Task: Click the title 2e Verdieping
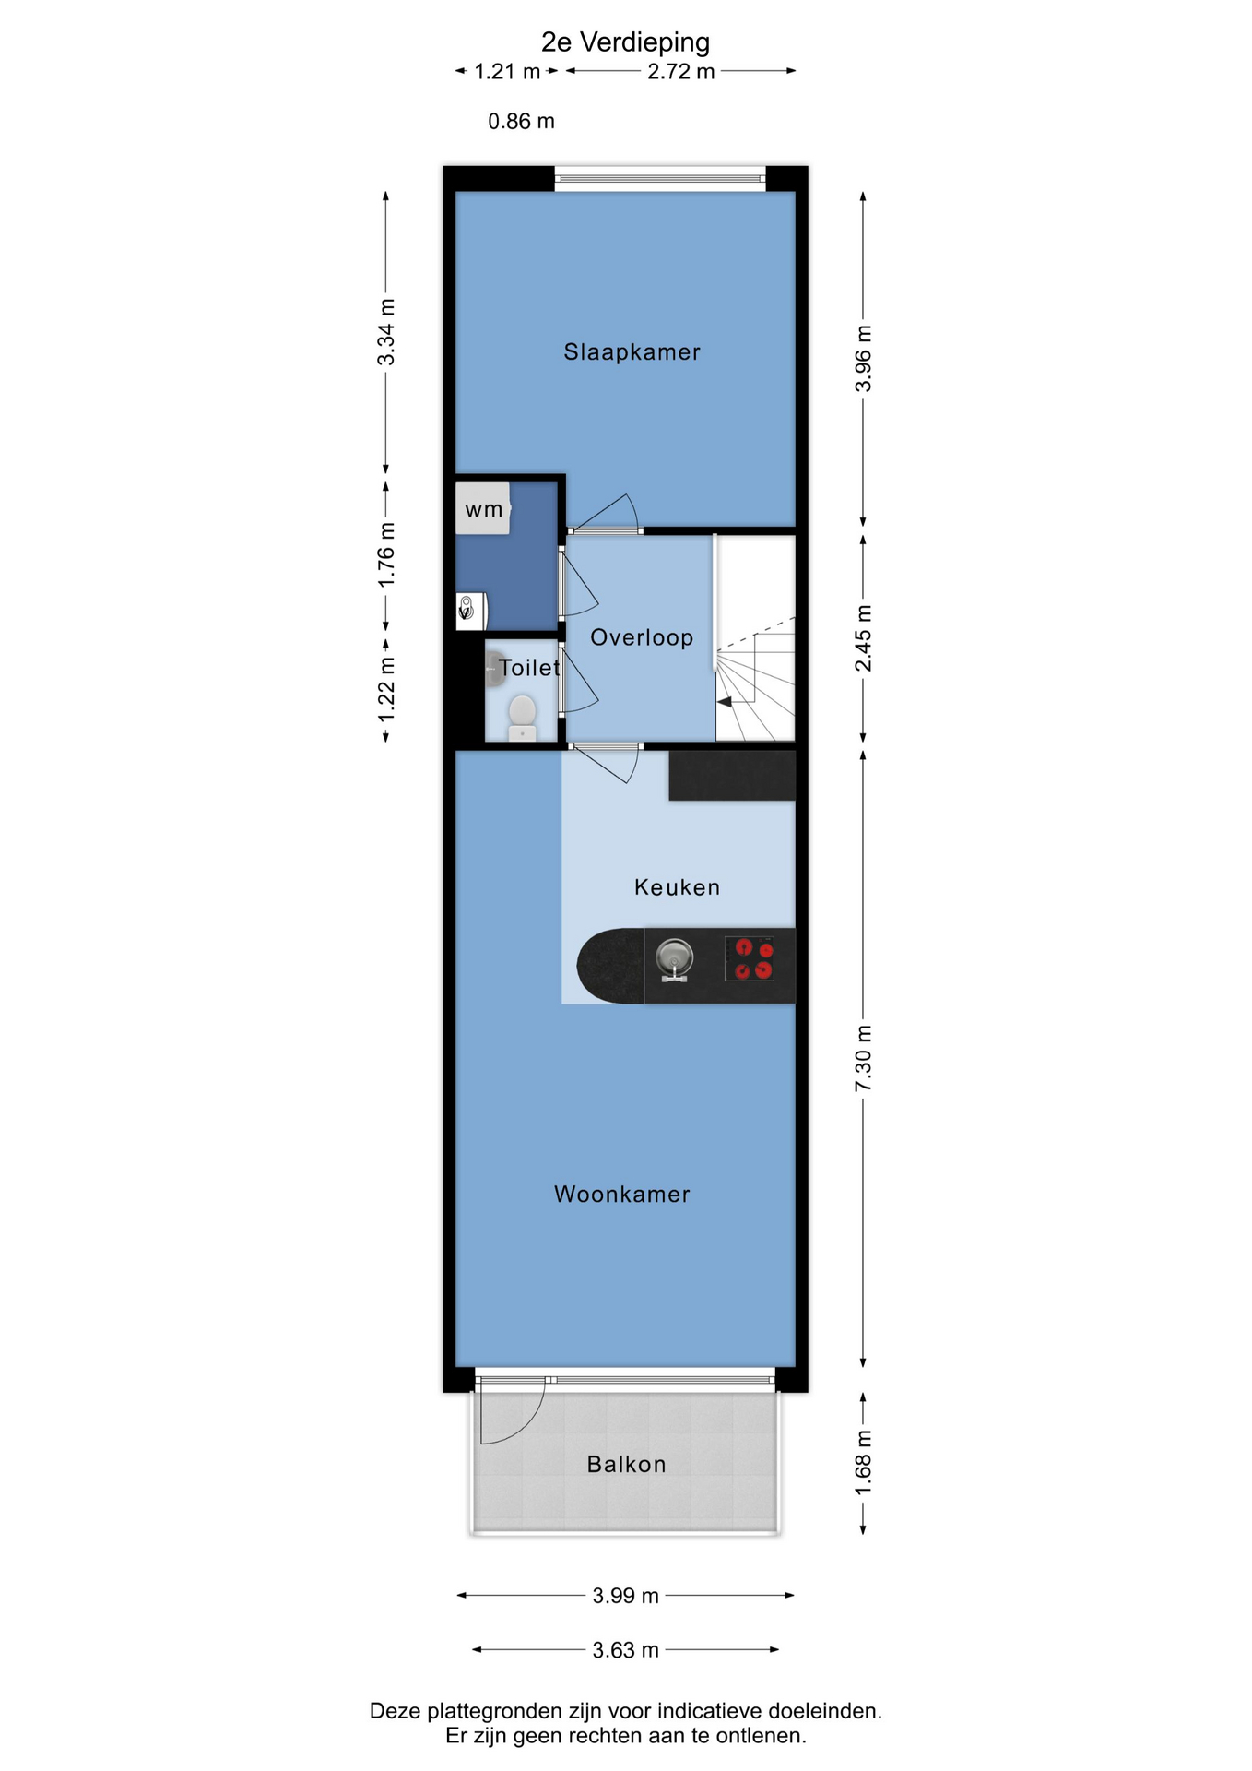625,42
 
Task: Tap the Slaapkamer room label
632,351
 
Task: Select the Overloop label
642,637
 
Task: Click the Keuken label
678,887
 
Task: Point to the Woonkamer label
622,1195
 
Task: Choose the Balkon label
627,1464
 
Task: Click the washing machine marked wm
483,508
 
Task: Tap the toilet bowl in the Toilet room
523,718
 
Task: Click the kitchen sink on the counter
675,959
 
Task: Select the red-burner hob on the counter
749,958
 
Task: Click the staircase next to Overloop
755,638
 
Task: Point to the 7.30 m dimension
863,1058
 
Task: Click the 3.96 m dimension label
863,359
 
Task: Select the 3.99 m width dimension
626,1596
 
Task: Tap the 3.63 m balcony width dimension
626,1650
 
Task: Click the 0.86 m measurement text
522,121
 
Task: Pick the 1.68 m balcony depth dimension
863,1464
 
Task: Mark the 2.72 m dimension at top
681,71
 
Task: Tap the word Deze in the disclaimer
396,1711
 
